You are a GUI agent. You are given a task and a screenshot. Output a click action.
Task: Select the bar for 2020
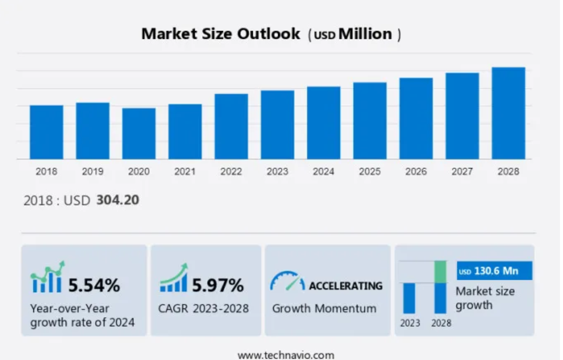[139, 133]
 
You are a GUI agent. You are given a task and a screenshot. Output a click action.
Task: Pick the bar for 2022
[231, 127]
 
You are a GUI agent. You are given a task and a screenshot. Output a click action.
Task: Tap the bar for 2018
[46, 132]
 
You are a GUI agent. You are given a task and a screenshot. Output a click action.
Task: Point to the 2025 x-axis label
[370, 172]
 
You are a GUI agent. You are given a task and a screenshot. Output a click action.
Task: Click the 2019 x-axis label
[93, 172]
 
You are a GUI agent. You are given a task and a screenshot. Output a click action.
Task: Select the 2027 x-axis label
[462, 172]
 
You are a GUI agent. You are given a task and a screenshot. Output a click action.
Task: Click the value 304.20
[118, 200]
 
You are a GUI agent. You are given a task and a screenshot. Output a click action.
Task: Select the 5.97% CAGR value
[218, 285]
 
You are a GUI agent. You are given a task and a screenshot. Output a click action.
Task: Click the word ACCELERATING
[345, 285]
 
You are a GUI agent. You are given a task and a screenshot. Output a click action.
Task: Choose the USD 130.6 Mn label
[494, 271]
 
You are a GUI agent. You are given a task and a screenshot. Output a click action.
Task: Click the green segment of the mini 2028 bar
[441, 271]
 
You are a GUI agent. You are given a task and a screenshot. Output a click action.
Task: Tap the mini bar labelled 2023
[409, 298]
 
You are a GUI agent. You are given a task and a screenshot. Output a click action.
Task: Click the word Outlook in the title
[269, 34]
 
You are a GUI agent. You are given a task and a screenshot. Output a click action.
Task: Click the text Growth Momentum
[324, 309]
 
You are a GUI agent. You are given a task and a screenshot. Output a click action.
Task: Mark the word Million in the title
[365, 34]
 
